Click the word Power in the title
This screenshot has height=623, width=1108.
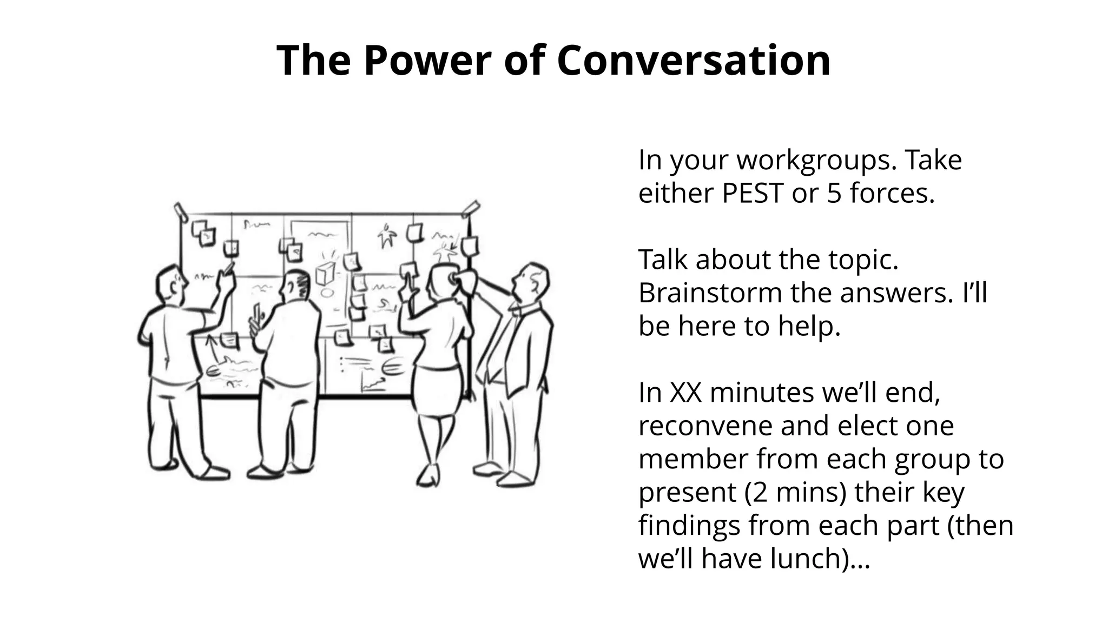point(427,61)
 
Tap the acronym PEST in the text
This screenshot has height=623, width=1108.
point(753,193)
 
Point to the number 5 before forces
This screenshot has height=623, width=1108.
point(834,193)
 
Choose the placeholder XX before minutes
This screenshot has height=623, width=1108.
point(685,393)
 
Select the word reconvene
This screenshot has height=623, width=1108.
point(705,426)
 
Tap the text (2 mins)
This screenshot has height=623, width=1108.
point(795,493)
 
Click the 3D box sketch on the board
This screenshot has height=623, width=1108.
point(325,273)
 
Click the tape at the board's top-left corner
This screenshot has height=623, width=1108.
point(180,211)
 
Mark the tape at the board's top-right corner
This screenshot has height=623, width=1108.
point(470,208)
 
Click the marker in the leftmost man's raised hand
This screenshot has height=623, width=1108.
point(229,267)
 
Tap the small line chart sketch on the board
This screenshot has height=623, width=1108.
point(373,385)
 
